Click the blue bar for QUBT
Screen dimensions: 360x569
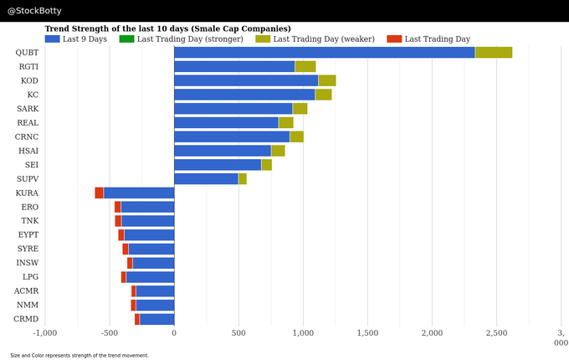(324, 52)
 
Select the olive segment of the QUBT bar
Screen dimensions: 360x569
(493, 52)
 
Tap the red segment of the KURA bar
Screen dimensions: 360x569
(99, 193)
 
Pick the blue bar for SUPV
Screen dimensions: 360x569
(206, 178)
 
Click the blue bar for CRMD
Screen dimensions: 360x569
(156, 319)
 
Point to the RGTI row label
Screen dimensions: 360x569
(27, 66)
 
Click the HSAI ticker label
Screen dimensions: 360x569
(27, 151)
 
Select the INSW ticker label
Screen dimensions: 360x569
(27, 263)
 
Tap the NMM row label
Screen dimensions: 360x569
(27, 305)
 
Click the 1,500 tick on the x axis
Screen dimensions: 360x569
(367, 333)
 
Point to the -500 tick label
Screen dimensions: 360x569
(110, 333)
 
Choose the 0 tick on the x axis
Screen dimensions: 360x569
(174, 333)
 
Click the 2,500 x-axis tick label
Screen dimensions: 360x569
(496, 333)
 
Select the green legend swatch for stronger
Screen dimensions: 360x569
(126, 39)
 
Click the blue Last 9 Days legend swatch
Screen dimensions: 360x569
(52, 39)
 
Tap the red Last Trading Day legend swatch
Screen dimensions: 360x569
(394, 39)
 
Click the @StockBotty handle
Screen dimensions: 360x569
(34, 11)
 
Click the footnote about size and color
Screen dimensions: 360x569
(79, 355)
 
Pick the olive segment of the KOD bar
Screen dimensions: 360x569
(326, 80)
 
